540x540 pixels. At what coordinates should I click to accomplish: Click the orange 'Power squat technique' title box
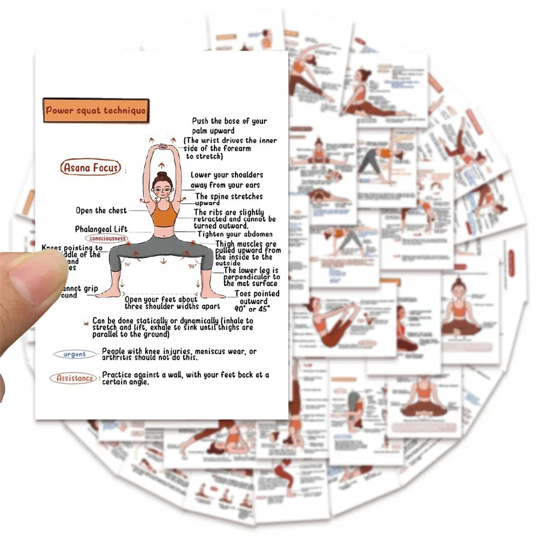click(x=96, y=111)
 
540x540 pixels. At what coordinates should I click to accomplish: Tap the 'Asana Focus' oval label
click(x=91, y=168)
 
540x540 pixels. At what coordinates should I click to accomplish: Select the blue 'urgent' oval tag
click(x=75, y=355)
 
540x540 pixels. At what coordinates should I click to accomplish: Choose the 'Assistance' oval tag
click(x=75, y=379)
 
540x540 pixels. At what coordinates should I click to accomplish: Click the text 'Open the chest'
click(x=101, y=211)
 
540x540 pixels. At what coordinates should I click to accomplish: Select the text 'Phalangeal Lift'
click(x=101, y=230)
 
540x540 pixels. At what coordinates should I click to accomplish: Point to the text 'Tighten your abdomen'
click(x=235, y=234)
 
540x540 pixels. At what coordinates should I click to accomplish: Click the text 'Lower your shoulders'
click(x=227, y=175)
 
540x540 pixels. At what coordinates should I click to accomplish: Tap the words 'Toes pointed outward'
click(x=256, y=298)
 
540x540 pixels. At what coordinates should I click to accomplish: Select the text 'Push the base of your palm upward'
click(x=230, y=126)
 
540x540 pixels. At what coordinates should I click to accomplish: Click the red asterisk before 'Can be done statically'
click(x=85, y=322)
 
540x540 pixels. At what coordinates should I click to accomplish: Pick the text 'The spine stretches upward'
click(x=229, y=199)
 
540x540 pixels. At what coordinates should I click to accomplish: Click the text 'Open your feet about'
click(x=161, y=300)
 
